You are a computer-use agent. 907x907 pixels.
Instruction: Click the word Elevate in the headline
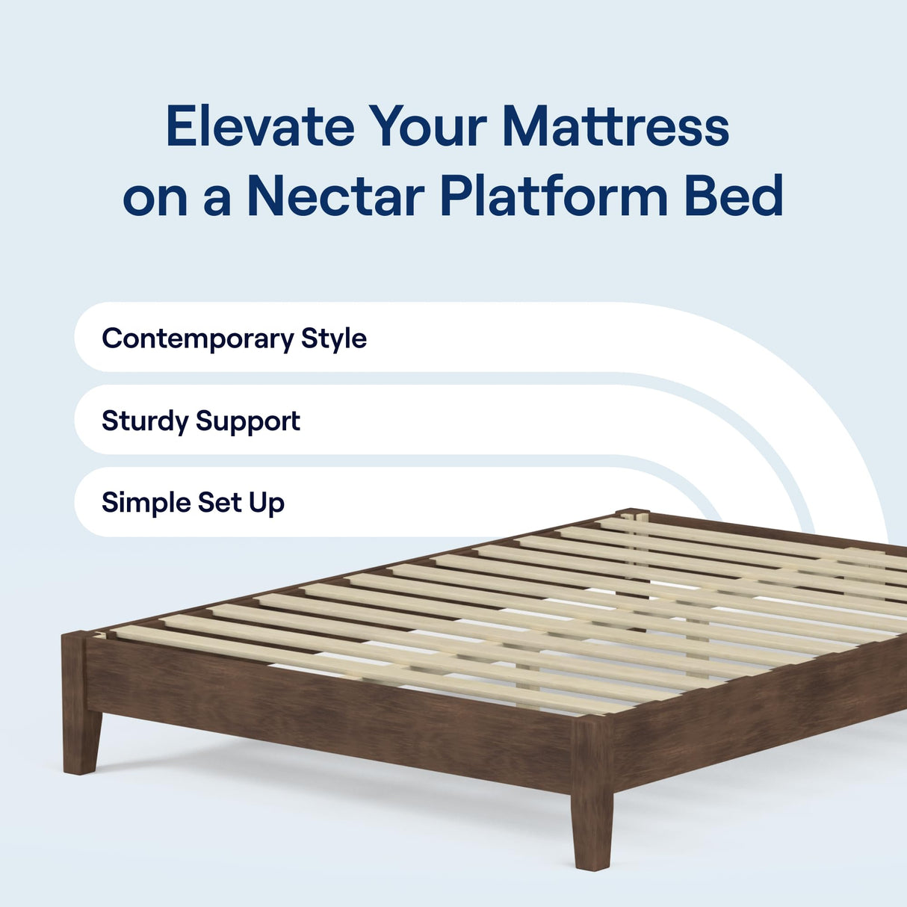point(259,126)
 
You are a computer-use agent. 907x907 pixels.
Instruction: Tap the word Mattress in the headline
point(615,126)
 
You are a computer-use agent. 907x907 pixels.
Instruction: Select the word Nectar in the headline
point(335,196)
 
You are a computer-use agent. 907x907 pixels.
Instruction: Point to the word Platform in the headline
point(553,196)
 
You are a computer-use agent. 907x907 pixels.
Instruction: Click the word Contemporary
point(197,338)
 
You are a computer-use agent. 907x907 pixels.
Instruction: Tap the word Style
point(333,338)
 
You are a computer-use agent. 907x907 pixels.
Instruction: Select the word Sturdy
point(145,421)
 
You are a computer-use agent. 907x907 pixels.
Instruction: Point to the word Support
point(247,421)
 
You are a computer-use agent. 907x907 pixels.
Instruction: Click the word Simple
point(145,502)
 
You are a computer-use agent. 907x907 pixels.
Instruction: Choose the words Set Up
point(241,503)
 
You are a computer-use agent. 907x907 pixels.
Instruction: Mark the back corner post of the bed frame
point(632,516)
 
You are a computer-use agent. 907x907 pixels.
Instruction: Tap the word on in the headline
point(155,196)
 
